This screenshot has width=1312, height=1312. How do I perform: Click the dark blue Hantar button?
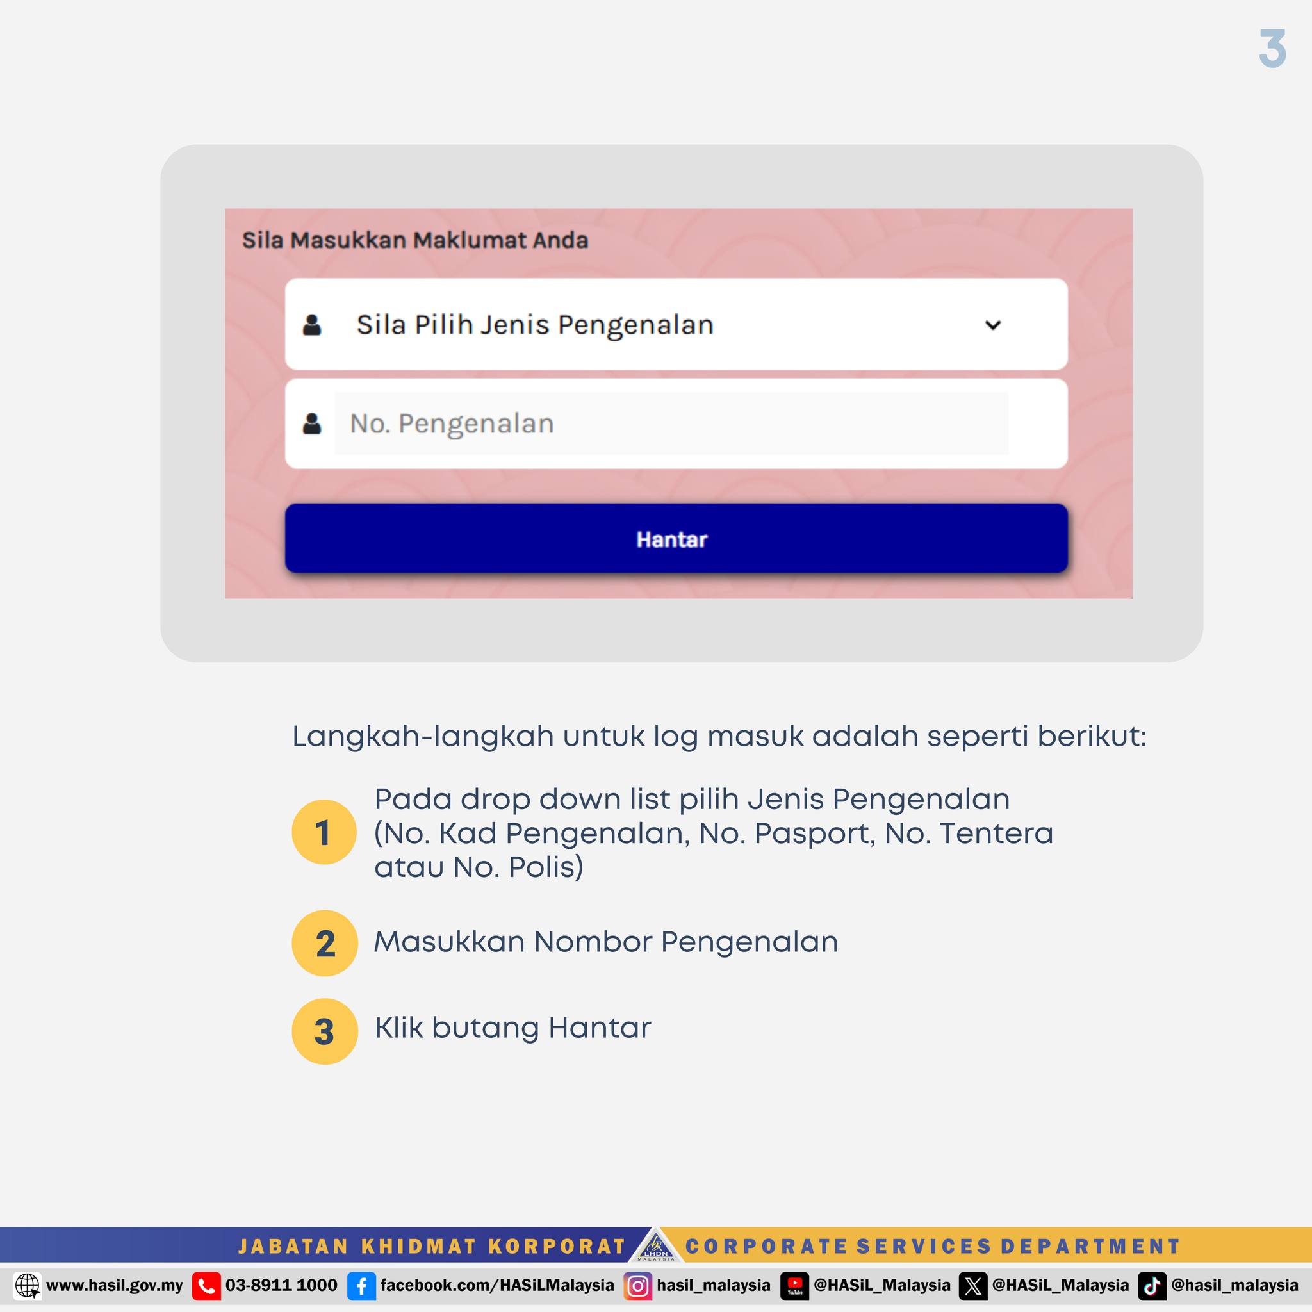coord(676,539)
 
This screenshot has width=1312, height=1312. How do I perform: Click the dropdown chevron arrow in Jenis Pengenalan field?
coord(992,325)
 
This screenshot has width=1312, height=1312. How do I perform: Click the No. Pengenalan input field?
coord(671,423)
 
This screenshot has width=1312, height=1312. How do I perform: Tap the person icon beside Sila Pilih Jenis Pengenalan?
coord(312,325)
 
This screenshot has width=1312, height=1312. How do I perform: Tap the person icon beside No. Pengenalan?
coord(312,423)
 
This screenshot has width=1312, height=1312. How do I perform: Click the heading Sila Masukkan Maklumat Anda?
coord(415,240)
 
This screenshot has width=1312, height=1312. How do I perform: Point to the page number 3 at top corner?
coord(1272,49)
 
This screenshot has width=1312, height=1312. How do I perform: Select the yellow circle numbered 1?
coord(324,832)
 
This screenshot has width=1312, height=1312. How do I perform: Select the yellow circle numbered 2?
coord(325,943)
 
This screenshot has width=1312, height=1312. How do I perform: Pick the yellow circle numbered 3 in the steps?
coord(325,1031)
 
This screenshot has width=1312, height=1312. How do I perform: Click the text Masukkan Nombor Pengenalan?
coord(606,942)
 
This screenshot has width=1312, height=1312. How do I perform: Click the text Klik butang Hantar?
coord(512,1028)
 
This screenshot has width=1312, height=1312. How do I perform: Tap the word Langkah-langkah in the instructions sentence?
coord(423,737)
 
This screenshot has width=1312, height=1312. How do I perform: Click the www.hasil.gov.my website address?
coord(114,1286)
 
